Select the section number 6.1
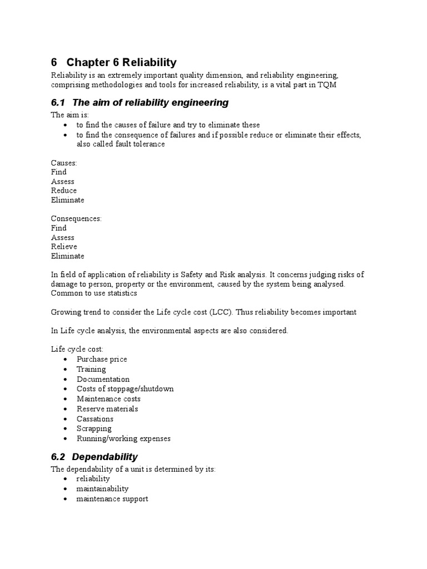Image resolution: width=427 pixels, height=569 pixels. (58, 102)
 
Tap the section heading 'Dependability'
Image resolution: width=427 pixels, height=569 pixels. (105, 457)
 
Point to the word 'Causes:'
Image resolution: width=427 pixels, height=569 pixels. (64, 163)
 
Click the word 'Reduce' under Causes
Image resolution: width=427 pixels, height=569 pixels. (64, 191)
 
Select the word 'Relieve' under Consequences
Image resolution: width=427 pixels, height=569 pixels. (64, 247)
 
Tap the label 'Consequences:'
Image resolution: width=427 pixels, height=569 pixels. (76, 218)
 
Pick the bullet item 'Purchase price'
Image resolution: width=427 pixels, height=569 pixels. (102, 359)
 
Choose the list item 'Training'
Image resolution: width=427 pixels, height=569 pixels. (91, 369)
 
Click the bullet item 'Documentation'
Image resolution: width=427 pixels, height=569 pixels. (103, 379)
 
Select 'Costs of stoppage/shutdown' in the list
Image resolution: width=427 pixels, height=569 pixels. (125, 389)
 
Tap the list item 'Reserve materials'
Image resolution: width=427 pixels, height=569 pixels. (107, 409)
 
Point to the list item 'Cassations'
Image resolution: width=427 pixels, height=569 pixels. (95, 419)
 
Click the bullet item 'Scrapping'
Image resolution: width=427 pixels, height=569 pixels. (94, 428)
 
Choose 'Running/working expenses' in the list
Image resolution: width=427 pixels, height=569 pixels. (123, 438)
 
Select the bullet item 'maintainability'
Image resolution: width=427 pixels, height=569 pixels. (102, 489)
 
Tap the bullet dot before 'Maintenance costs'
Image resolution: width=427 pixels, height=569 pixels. (66, 400)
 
